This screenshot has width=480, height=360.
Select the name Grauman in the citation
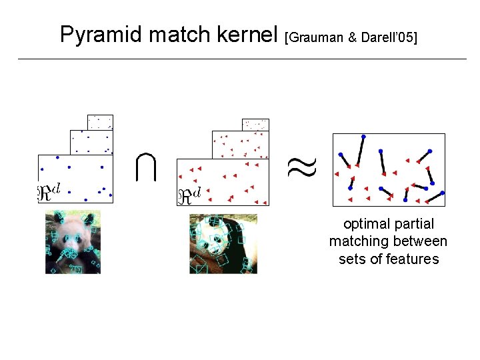[315, 37]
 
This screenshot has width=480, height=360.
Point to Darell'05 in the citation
[389, 37]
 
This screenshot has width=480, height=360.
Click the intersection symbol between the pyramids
[145, 167]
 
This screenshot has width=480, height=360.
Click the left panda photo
[73, 242]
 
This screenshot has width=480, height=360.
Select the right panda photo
[223, 243]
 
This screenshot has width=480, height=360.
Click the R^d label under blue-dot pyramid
[48, 193]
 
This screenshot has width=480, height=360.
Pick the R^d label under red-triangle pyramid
[189, 196]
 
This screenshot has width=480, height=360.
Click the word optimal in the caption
[365, 225]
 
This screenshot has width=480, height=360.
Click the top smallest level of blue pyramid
[100, 122]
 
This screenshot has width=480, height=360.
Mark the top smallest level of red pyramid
[255, 125]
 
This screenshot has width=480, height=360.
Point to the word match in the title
[179, 35]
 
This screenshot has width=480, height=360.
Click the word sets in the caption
[351, 259]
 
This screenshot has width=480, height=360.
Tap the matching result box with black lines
[389, 170]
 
